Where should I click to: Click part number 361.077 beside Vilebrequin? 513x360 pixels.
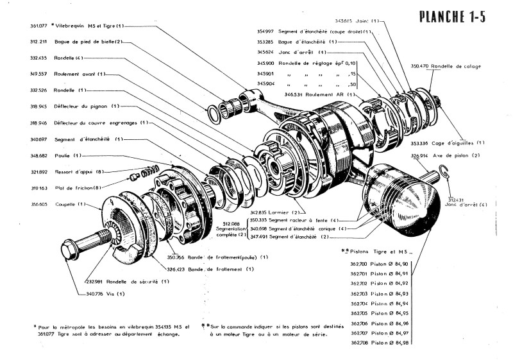pos(38,26)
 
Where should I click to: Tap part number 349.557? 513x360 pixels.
pos(38,74)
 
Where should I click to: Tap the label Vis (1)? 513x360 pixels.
pos(116,293)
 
